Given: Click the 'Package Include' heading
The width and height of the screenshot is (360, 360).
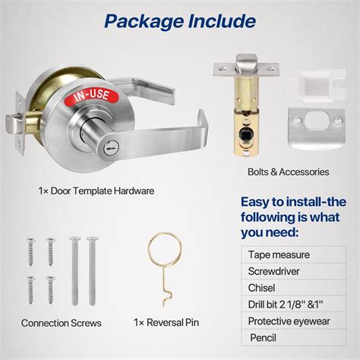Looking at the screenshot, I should [x=179, y=21].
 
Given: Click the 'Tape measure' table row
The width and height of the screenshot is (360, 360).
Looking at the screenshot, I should [x=296, y=254].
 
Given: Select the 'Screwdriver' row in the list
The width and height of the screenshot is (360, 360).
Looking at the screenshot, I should [x=296, y=270].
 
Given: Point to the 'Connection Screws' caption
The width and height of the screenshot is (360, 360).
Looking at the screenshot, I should [x=62, y=324].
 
